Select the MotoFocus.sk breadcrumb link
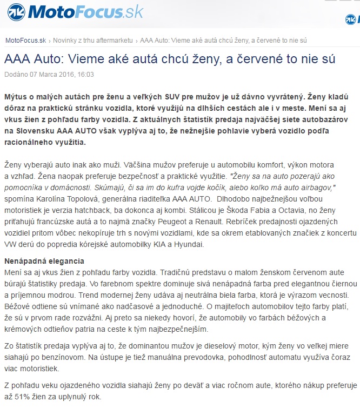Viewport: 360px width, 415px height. tap(24, 40)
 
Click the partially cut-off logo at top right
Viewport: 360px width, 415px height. tap(352, 21)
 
